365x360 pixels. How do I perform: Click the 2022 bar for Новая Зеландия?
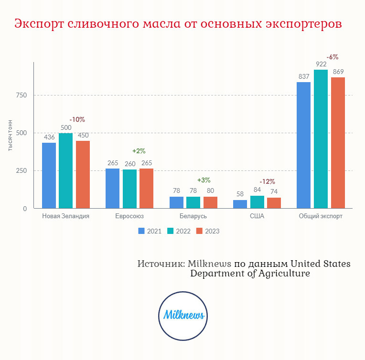coord(66,171)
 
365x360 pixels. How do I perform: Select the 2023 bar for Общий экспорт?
coord(338,143)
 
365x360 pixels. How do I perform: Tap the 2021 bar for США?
coord(240,204)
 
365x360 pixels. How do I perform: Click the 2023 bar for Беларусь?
coord(210,203)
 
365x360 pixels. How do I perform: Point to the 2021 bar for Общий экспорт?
coord(303,145)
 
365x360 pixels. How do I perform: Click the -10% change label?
coord(77,119)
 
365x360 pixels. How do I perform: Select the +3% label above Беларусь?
coord(204,180)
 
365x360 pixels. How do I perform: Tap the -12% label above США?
coord(267,181)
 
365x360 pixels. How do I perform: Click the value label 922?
coord(321,64)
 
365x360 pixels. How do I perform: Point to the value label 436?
coord(49,137)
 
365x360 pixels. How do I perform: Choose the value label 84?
coord(257,190)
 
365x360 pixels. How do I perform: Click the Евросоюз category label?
coord(129,216)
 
